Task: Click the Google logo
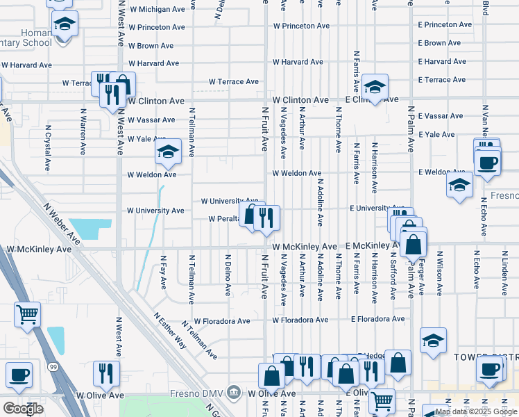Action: (x=23, y=408)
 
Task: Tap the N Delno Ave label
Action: (x=228, y=275)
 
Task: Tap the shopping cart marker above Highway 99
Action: (x=27, y=315)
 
